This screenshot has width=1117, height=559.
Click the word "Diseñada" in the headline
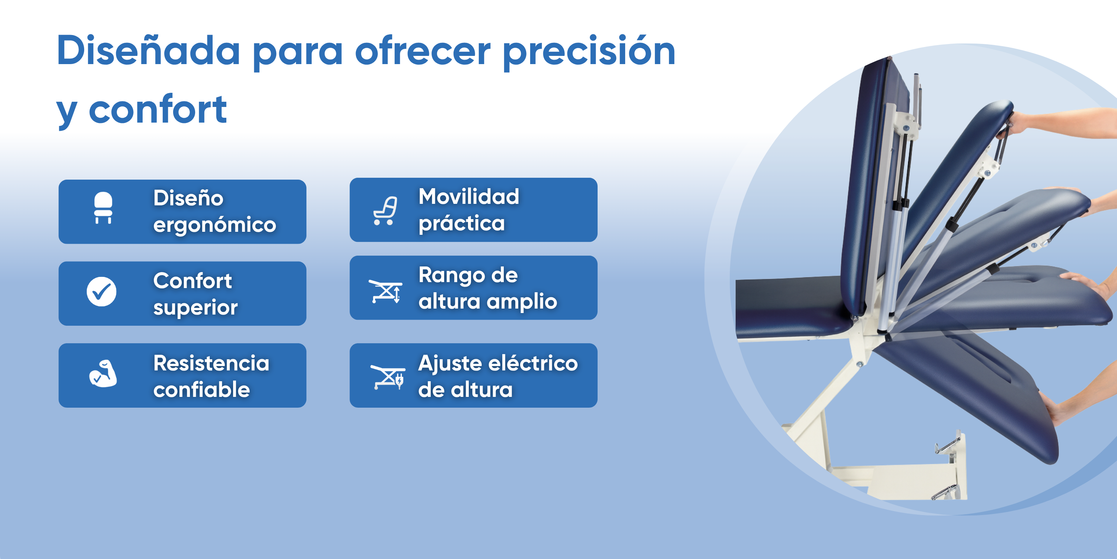148,51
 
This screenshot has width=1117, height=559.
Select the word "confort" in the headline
158,109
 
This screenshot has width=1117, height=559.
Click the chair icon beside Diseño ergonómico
103,208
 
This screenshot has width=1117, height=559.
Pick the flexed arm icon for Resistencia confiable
103,373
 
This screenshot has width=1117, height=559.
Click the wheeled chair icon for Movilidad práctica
385,211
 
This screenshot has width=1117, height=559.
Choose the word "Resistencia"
211,363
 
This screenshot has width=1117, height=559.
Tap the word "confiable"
202,389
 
